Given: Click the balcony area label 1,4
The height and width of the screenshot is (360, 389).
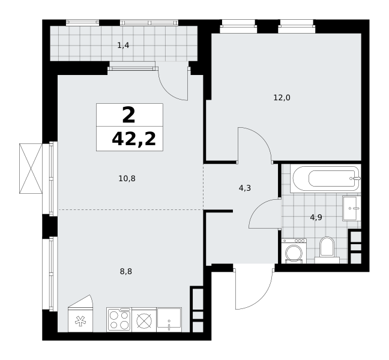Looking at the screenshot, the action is tap(123, 46).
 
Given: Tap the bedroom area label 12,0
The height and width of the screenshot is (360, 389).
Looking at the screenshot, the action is tap(282, 97).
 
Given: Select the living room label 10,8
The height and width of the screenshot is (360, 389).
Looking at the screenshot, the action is tap(127, 178).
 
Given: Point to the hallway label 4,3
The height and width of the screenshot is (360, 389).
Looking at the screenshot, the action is tap(244, 188).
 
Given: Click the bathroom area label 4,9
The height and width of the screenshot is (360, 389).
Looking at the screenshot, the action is tap(316, 217).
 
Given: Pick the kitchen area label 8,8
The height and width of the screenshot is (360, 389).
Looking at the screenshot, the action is tap(126, 271).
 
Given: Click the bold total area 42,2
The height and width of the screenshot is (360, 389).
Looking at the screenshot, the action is tap(134, 139).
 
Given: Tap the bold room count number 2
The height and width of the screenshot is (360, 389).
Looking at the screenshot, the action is tap(128, 115).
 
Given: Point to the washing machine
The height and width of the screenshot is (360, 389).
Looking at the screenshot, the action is tap(294, 251).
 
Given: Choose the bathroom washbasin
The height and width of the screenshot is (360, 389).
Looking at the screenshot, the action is tap(352, 208).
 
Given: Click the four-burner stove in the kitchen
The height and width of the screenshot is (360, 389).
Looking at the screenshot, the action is tap(119, 320).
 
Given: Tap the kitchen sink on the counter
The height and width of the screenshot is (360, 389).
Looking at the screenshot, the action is tap(169, 320).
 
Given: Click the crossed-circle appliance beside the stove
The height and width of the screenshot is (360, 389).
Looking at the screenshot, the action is tap(144, 320).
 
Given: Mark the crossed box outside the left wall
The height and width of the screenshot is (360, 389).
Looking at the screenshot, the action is tap(31, 169).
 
